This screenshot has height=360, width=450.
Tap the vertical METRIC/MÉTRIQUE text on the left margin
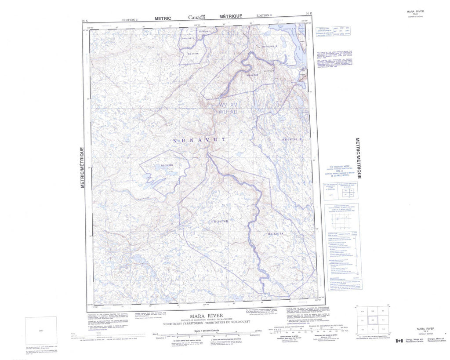coord(82,168)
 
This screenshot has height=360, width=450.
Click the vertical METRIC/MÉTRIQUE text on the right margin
coord(358,158)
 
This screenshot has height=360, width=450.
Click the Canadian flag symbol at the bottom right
coord(399,341)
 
